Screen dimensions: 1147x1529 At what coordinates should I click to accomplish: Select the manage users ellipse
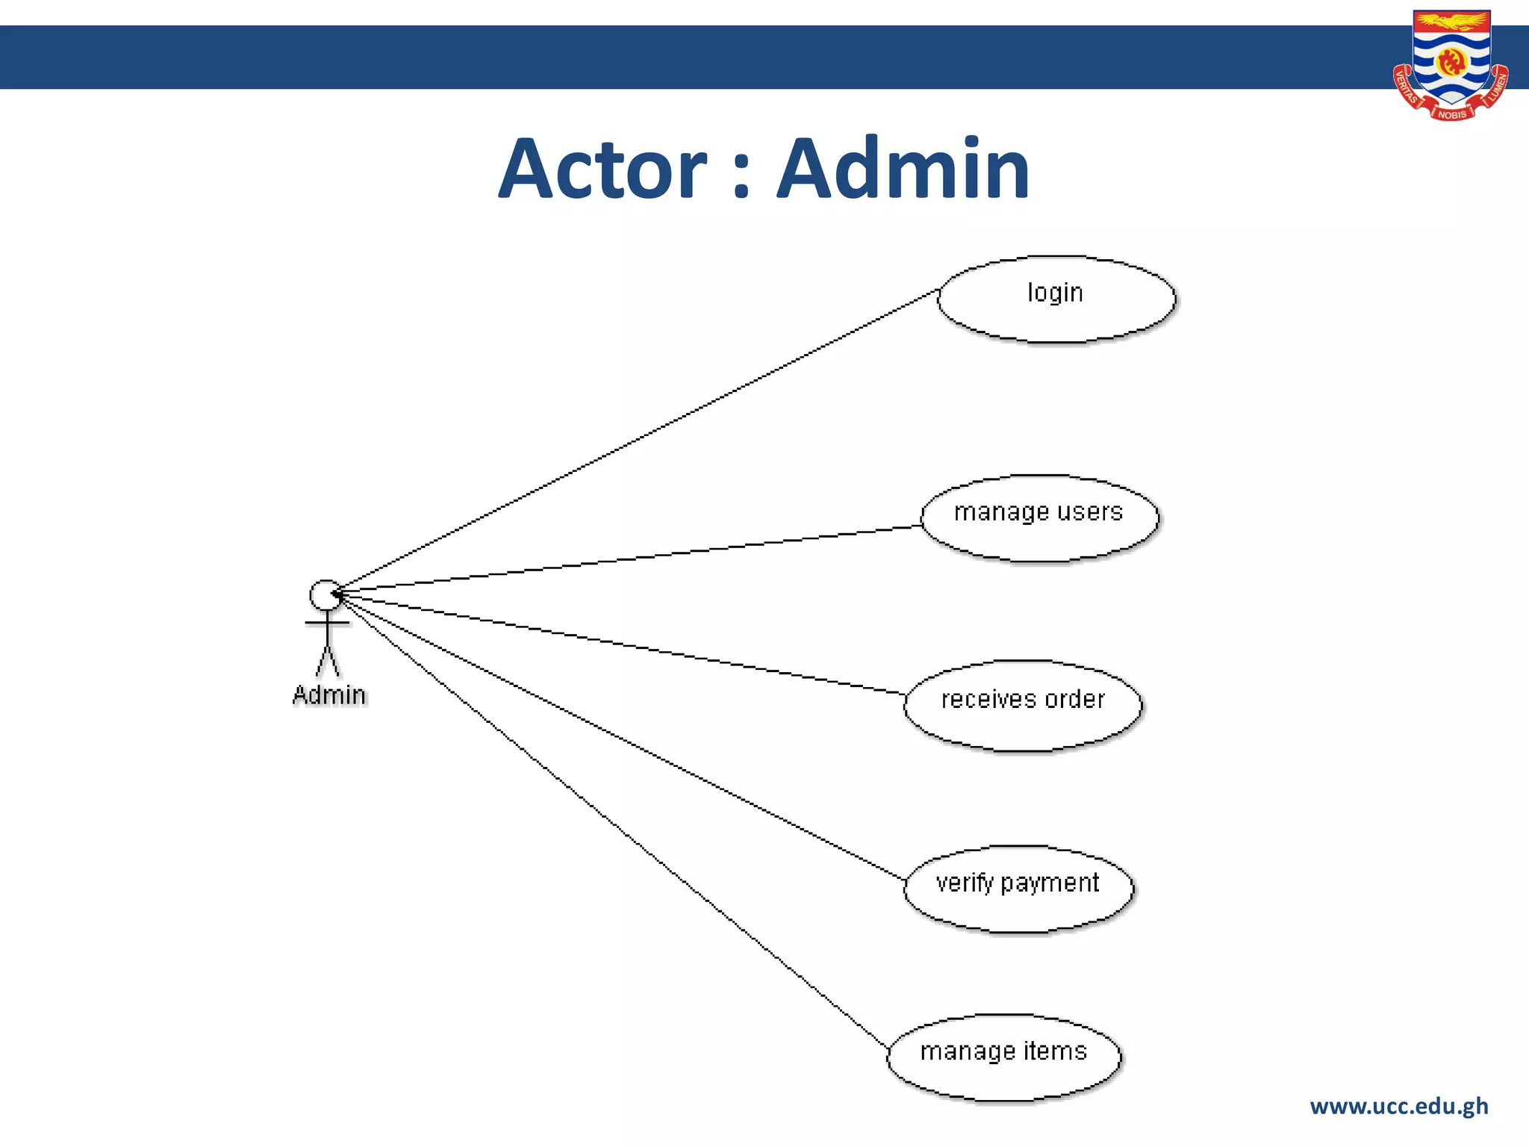pos(1038,518)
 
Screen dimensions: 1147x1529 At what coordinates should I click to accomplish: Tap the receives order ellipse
pos(1022,706)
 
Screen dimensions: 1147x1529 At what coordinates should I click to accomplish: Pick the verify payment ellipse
pos(1018,889)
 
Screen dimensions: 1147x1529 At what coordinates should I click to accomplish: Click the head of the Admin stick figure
pos(326,595)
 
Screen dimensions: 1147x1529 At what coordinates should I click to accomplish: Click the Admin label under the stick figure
pos(329,695)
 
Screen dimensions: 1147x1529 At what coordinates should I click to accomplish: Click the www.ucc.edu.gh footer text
pos(1398,1106)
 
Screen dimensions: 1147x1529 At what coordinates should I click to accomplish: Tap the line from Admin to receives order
pos(620,644)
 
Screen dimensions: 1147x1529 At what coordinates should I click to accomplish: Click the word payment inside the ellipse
pos(1049,884)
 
